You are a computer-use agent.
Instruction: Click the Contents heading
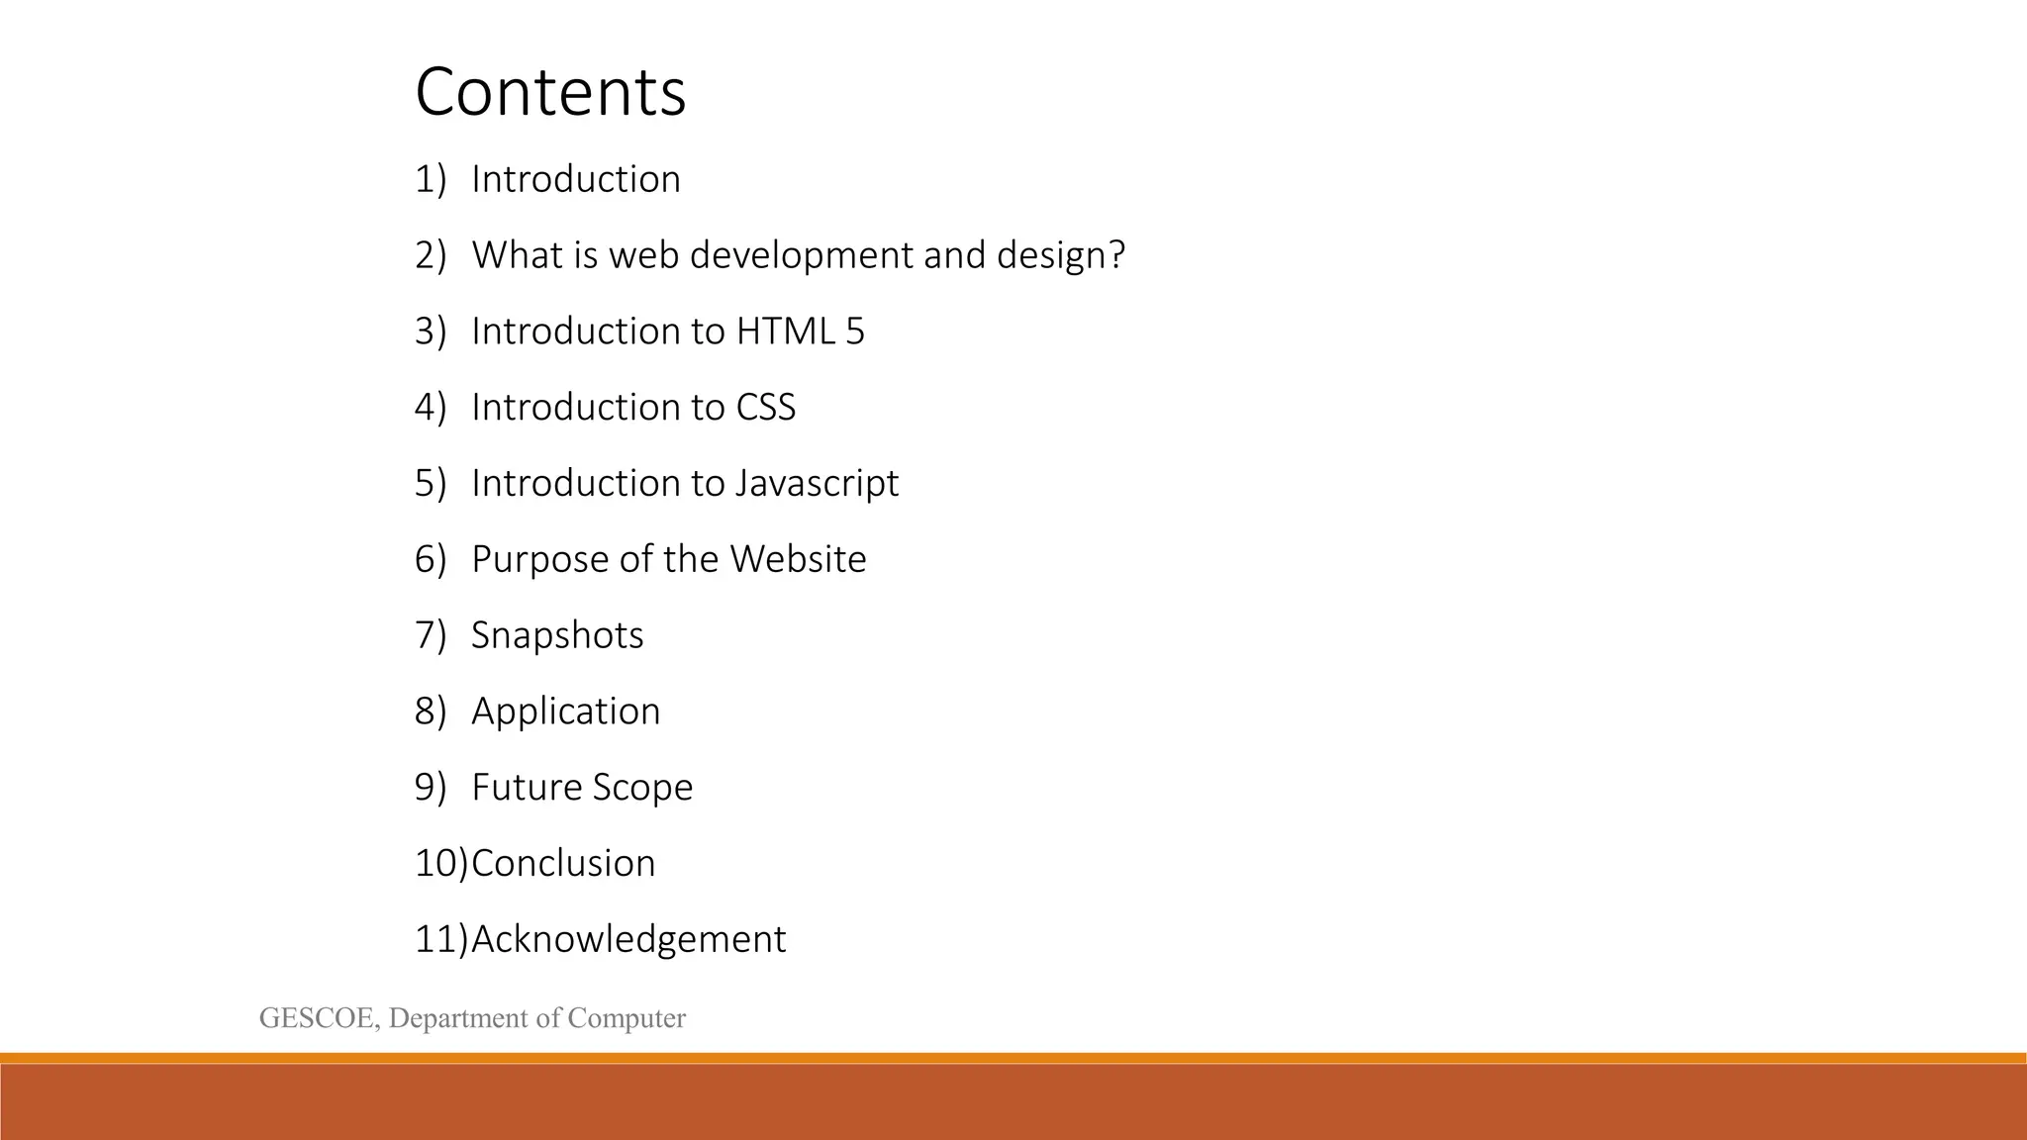coord(550,92)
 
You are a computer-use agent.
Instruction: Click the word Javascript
coord(817,484)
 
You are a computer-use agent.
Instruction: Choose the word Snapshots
coord(557,635)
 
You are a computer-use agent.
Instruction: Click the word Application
coord(565,712)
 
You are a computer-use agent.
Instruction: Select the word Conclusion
coord(563,864)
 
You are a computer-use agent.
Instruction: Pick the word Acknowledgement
coord(628,939)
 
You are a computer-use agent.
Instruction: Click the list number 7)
coord(431,635)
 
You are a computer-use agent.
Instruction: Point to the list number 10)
coord(440,864)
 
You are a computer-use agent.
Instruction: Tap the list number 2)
coord(431,255)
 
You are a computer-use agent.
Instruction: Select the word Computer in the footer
coord(627,1018)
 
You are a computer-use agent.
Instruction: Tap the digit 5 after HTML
coord(855,332)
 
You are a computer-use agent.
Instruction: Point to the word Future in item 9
coord(527,788)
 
